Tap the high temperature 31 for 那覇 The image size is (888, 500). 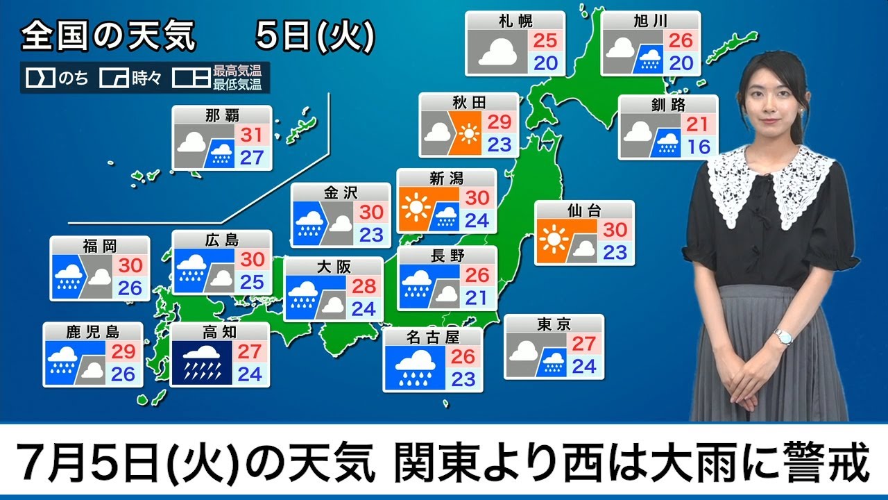point(252,135)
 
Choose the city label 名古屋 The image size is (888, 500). point(433,337)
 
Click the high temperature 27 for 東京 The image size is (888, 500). point(584,344)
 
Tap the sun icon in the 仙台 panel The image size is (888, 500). point(553,240)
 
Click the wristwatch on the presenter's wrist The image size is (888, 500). point(783,337)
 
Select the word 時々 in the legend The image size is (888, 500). point(146,78)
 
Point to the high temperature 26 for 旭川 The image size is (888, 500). point(680,40)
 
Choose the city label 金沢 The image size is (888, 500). point(341,191)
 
